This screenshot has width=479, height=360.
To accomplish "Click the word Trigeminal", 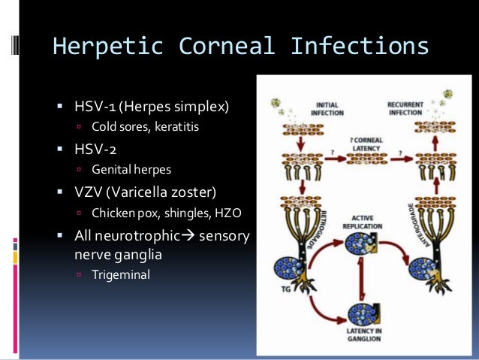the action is pyautogui.click(x=121, y=275).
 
